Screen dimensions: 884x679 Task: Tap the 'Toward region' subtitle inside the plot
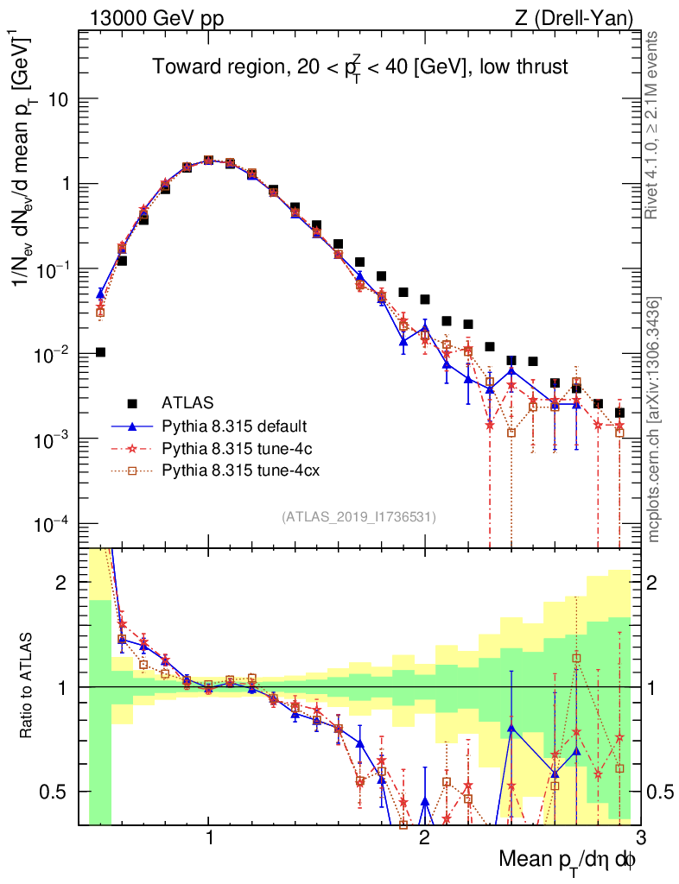tap(360, 67)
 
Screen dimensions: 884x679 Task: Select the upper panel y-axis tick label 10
tap(58, 100)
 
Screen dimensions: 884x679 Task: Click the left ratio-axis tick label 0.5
tap(54, 792)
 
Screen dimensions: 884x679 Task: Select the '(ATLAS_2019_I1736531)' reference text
tap(359, 517)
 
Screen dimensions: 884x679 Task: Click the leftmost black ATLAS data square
tap(100, 352)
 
